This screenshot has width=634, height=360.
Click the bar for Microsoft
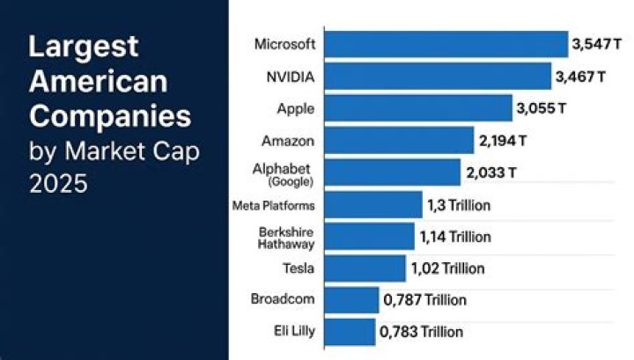click(x=446, y=44)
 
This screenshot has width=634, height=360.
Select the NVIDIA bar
click(x=438, y=77)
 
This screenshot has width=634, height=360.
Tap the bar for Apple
click(x=418, y=108)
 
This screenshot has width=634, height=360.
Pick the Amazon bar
click(x=399, y=140)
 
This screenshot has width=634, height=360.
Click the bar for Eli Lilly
click(x=350, y=332)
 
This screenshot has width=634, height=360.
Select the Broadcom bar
click(x=351, y=300)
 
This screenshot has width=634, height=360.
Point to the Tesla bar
click(x=365, y=268)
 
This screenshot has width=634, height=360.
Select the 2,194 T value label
click(x=503, y=140)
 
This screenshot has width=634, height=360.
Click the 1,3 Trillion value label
click(x=459, y=205)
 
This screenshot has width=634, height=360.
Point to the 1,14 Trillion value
click(x=455, y=237)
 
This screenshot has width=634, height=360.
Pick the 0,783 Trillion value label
click(x=421, y=332)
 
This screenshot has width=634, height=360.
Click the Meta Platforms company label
click(x=272, y=205)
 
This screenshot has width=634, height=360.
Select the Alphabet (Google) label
click(x=291, y=173)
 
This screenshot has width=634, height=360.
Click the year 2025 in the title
click(x=60, y=186)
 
